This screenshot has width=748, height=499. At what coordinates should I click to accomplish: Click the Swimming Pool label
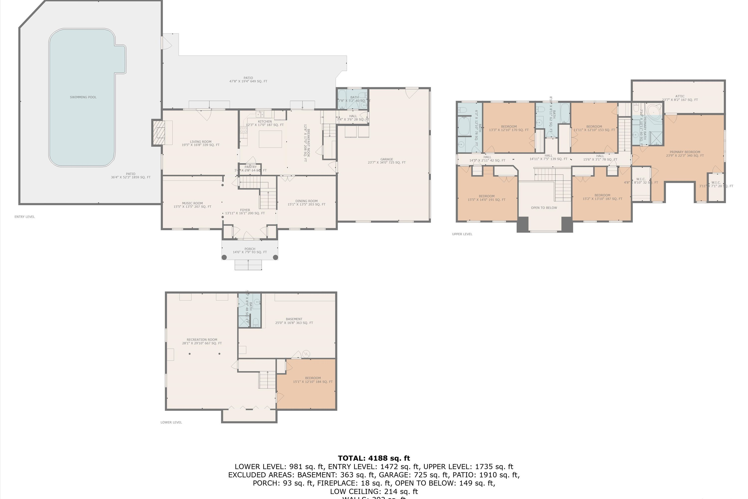[83, 97]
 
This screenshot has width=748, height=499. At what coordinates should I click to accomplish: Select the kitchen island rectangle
[270, 139]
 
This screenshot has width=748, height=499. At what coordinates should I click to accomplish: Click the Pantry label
[250, 167]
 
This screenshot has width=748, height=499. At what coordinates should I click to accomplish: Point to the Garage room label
[386, 159]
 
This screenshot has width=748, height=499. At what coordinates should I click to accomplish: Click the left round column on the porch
[224, 257]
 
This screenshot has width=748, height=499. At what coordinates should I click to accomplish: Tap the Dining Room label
[306, 201]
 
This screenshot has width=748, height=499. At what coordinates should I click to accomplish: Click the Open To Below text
[544, 208]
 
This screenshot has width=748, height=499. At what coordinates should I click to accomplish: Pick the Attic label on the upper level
[680, 96]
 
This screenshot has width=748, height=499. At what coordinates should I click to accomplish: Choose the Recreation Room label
[202, 340]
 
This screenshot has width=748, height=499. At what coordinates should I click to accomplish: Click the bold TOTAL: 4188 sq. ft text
[374, 458]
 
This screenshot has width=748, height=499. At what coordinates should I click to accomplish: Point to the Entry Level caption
[24, 217]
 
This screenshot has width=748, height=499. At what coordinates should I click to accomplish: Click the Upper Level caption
[462, 234]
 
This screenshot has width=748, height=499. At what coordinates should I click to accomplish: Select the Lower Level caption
[171, 422]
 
